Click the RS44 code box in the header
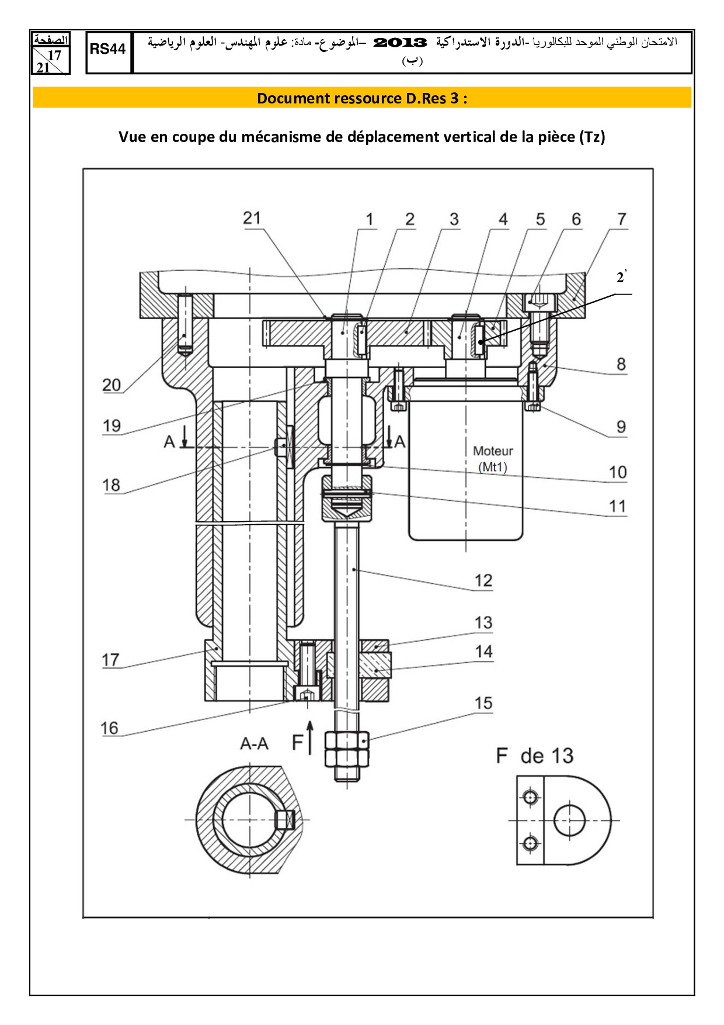(x=108, y=50)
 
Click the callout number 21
(x=252, y=219)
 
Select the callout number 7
(x=622, y=219)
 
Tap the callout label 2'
(x=622, y=277)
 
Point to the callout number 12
(x=483, y=580)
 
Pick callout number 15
(x=483, y=703)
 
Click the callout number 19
(x=112, y=425)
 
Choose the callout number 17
(x=110, y=660)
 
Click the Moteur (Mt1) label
(x=493, y=459)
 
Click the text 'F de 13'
(x=535, y=756)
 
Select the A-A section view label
(x=254, y=744)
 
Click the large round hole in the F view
(x=569, y=820)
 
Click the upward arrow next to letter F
(x=311, y=737)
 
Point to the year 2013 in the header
(x=400, y=43)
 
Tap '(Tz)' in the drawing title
(x=592, y=137)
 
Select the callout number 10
(x=618, y=472)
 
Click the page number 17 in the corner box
(x=54, y=56)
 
